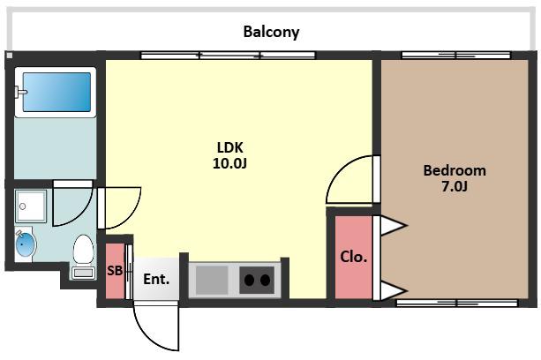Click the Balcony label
[x=271, y=32]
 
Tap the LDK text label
[x=229, y=147]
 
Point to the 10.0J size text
[x=229, y=163]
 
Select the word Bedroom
[x=455, y=170]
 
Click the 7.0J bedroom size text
[x=455, y=186]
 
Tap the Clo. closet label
[x=354, y=257]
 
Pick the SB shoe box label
[x=115, y=271]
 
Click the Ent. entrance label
[x=156, y=280]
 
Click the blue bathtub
[x=57, y=92]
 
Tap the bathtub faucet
[x=21, y=92]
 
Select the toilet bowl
[x=84, y=249]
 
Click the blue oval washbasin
[x=26, y=244]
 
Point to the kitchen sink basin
[x=212, y=280]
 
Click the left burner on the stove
[x=250, y=281]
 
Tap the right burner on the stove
[x=266, y=281]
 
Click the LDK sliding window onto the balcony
[x=228, y=56]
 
